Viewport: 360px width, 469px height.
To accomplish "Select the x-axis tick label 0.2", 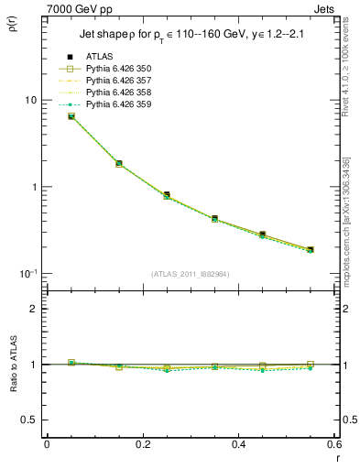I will point(143,444).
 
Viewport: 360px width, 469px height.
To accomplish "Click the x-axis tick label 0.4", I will point(238,444).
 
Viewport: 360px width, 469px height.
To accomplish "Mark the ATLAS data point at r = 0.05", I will point(71,116).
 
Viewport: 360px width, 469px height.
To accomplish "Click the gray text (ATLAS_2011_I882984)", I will point(191,274).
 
